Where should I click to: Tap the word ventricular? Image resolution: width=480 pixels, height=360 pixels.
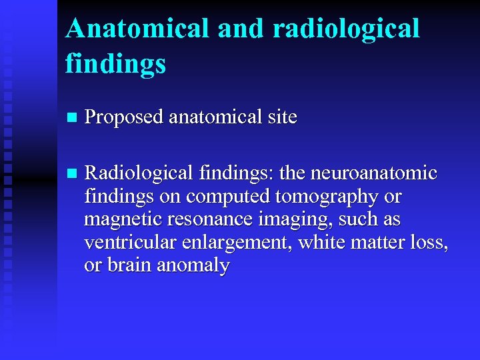tap(124, 242)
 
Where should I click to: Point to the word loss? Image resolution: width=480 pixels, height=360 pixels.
tap(431, 242)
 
